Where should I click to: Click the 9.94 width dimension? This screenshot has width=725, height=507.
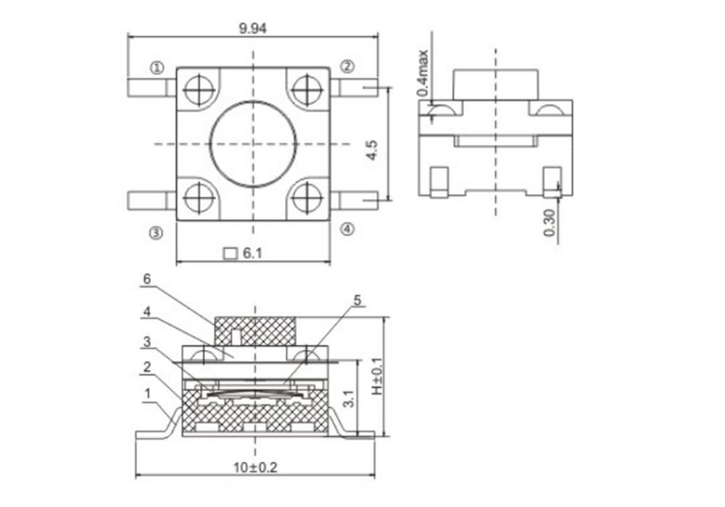click(252, 29)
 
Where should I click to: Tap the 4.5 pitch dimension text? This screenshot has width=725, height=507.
click(372, 150)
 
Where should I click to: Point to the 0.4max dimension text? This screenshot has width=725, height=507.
click(423, 73)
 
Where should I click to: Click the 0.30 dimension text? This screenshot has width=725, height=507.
click(550, 222)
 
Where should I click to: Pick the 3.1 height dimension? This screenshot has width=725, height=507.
click(349, 398)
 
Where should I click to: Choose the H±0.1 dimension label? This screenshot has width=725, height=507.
click(377, 376)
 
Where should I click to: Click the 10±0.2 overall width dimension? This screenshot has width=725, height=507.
click(255, 467)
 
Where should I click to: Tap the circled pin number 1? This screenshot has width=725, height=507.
click(157, 68)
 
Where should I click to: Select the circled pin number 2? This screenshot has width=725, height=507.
click(348, 67)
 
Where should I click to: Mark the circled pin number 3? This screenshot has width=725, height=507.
click(157, 233)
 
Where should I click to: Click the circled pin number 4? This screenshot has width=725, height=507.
click(348, 229)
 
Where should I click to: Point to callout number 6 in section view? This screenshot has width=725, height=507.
click(147, 279)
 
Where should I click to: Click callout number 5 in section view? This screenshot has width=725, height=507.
click(357, 301)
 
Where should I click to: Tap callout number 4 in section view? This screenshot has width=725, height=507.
click(147, 311)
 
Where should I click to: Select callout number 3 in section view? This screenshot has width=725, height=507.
click(147, 342)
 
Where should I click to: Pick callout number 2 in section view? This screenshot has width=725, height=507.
click(147, 367)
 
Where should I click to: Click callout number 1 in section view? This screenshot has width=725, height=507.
click(148, 394)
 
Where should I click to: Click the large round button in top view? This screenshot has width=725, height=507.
click(253, 144)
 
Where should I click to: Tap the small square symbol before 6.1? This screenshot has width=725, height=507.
click(230, 253)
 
